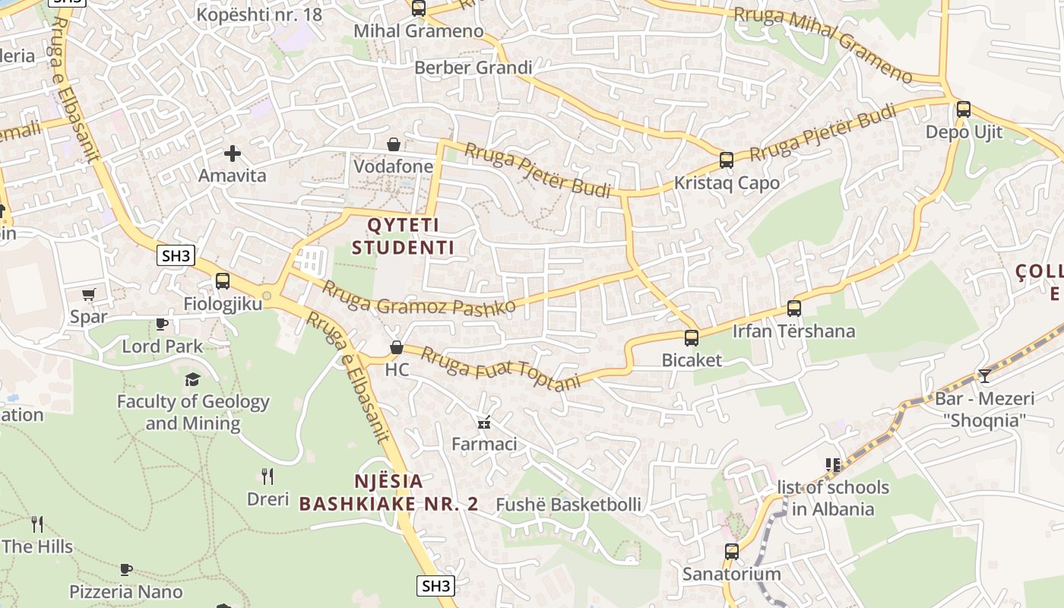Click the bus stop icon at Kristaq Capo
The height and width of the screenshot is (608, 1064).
(727, 160)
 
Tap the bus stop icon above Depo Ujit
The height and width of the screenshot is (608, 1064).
(964, 109)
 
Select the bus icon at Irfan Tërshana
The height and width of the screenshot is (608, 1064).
(794, 309)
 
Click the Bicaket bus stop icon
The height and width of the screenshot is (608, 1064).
(692, 338)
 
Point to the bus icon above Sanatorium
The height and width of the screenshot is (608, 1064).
(732, 552)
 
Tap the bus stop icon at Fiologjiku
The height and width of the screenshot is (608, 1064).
(223, 281)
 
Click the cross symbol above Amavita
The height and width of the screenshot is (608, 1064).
(233, 154)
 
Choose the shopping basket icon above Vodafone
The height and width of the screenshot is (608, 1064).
(394, 144)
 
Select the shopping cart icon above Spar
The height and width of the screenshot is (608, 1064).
(89, 294)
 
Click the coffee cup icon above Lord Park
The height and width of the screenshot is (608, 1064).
(162, 325)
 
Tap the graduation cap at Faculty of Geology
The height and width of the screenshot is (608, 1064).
(193, 378)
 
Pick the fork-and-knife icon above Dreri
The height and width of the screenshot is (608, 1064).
(268, 477)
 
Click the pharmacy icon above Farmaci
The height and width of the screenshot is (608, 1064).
(483, 423)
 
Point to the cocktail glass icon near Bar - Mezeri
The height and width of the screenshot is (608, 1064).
(985, 376)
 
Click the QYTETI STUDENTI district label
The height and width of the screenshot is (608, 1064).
(403, 236)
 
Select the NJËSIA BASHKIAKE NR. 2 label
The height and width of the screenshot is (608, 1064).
(388, 492)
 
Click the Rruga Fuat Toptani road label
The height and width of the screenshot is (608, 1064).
(499, 368)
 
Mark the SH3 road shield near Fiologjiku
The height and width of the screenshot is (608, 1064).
(176, 255)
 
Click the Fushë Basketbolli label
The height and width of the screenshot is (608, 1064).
(568, 505)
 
